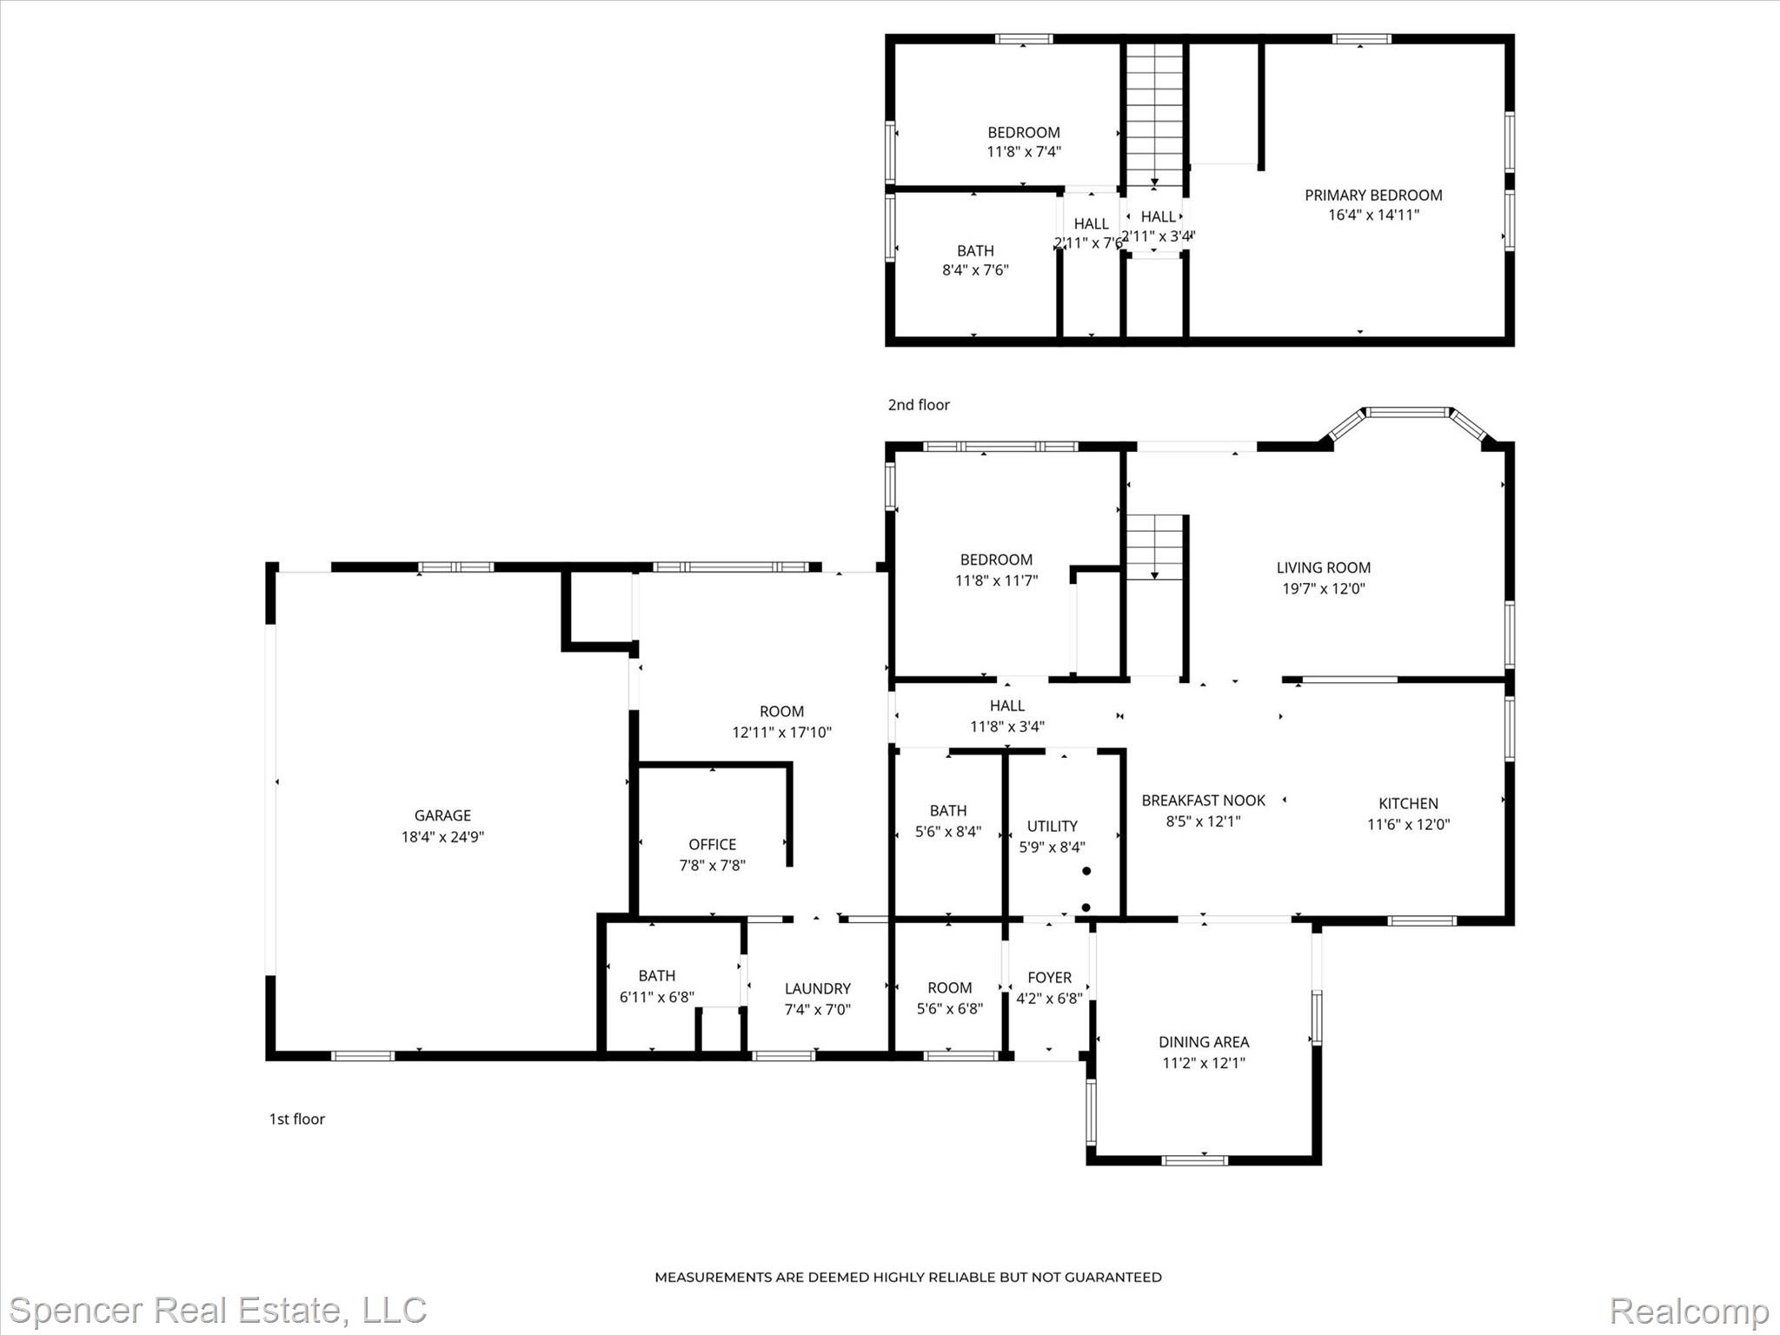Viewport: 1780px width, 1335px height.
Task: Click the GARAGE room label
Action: (442, 815)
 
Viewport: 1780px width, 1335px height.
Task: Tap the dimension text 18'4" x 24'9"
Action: (442, 837)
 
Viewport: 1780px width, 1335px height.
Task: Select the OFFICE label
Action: (712, 844)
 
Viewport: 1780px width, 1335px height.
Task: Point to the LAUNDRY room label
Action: (817, 988)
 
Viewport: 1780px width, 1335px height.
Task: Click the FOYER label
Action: (1049, 977)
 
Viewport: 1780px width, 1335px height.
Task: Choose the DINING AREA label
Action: (1204, 1041)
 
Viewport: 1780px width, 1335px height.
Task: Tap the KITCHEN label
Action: (1408, 803)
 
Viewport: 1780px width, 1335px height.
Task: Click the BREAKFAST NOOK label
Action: (1203, 800)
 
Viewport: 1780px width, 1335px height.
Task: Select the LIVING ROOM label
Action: (1323, 568)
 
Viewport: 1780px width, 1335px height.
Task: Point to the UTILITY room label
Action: (1052, 826)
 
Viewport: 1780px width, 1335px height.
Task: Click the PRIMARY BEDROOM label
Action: (1373, 195)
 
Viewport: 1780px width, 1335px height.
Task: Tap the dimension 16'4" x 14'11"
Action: (1373, 215)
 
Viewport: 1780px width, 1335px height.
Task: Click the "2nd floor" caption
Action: (919, 404)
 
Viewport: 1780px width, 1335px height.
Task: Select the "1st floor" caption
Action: (296, 1119)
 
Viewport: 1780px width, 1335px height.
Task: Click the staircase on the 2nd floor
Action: (1154, 113)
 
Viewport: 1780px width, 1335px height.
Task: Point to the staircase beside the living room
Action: (1155, 547)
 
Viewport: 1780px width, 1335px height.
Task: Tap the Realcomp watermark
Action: (1689, 1311)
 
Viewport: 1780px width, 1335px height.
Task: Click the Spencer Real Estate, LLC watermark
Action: (218, 1310)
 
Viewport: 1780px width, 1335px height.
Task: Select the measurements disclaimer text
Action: (907, 1277)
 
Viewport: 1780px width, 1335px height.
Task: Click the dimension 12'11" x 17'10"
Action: (781, 732)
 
